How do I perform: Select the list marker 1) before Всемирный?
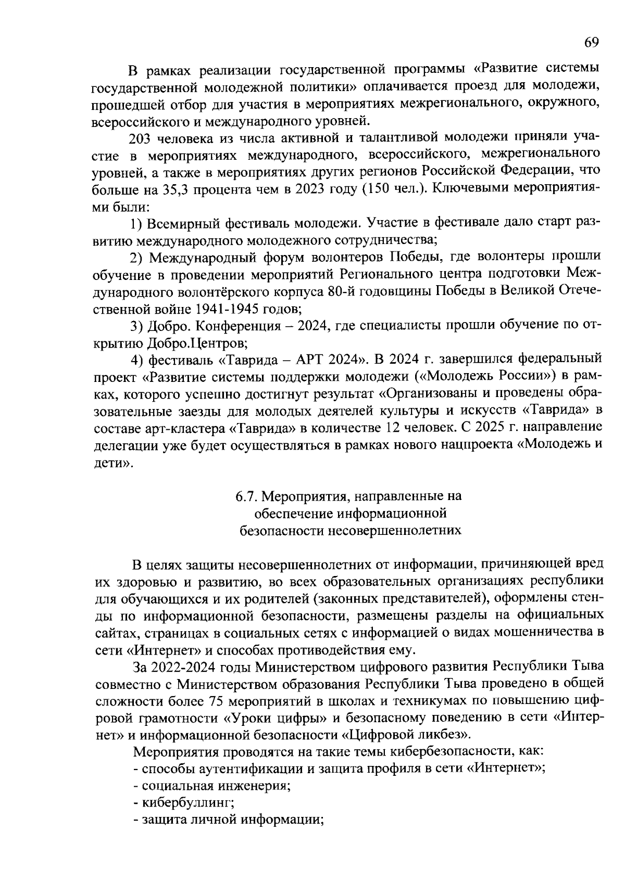[136, 223]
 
